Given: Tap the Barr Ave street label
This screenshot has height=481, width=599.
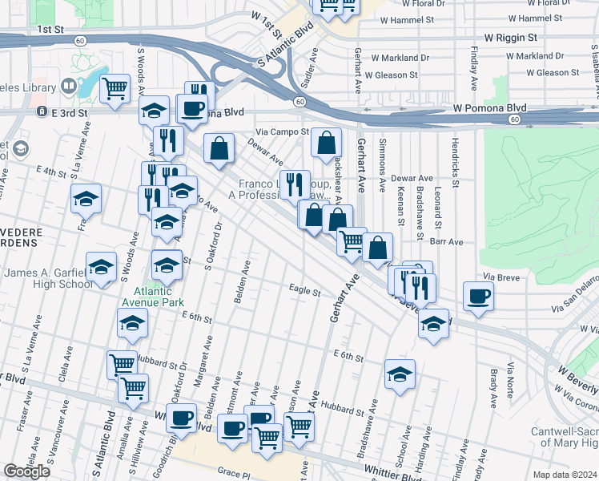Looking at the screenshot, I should coord(447,240).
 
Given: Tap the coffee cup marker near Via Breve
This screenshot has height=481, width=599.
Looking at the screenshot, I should coord(478,297).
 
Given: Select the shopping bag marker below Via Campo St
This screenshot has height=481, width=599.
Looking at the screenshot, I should coord(326,144).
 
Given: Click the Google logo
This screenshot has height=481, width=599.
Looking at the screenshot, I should coord(26,471).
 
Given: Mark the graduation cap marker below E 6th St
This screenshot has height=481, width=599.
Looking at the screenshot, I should coord(400,374).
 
